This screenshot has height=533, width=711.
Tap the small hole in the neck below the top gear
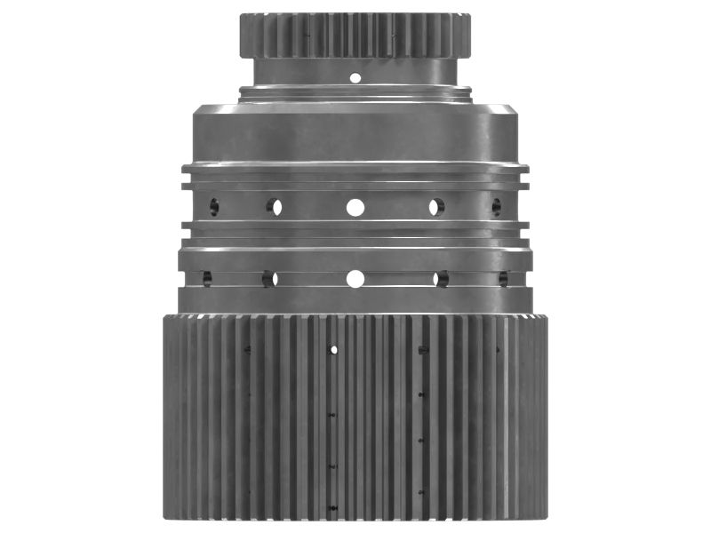click(355, 77)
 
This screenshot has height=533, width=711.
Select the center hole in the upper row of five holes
click(355, 208)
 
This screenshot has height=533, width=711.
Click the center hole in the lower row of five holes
click(355, 279)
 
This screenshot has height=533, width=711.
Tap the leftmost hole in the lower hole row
click(207, 279)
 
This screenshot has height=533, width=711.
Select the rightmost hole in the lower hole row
click(502, 279)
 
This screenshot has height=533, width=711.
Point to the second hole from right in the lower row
click(441, 279)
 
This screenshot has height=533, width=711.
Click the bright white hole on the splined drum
click(334, 349)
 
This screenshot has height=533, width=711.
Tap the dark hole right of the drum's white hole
click(422, 349)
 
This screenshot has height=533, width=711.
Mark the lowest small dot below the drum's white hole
click(332, 508)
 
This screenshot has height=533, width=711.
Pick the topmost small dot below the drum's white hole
click(332, 414)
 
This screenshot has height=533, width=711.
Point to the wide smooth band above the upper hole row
click(355, 133)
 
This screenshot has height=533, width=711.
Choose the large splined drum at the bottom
click(355, 418)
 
